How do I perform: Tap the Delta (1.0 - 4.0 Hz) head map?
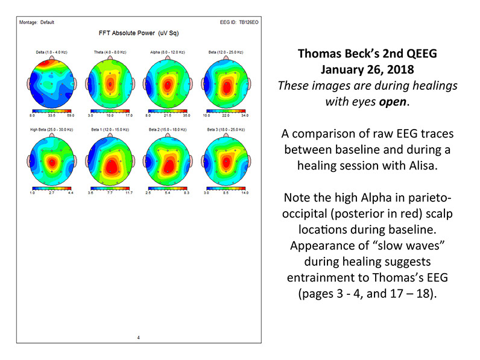pos(51,84)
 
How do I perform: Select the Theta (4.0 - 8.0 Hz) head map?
pos(109,84)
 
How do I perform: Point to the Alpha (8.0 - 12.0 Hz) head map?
pos(168,84)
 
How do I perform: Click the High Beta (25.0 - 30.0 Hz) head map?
pos(51,162)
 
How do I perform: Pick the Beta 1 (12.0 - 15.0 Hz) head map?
pos(109,162)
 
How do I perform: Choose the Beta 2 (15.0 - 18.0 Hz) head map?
pos(168,162)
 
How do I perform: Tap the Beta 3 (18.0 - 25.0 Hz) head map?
pos(226,162)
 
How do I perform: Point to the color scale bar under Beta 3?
pos(226,188)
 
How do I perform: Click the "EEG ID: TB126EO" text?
pos(239,22)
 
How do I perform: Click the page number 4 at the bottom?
pos(138,337)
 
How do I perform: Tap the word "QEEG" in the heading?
pos(418,54)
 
